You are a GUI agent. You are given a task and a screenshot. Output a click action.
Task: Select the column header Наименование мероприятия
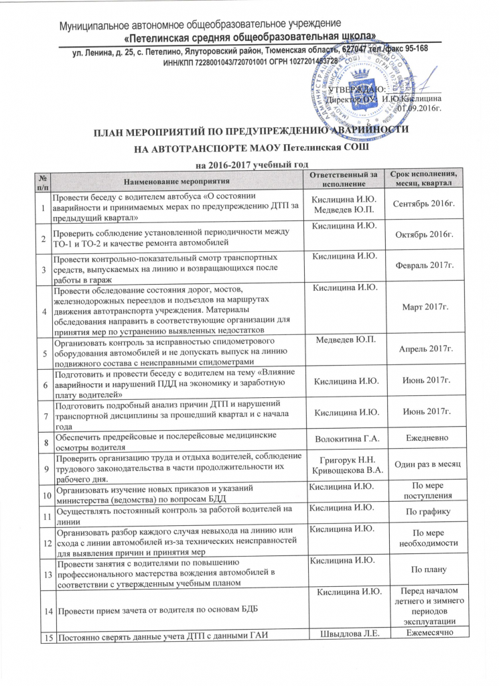[x=175, y=180]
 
